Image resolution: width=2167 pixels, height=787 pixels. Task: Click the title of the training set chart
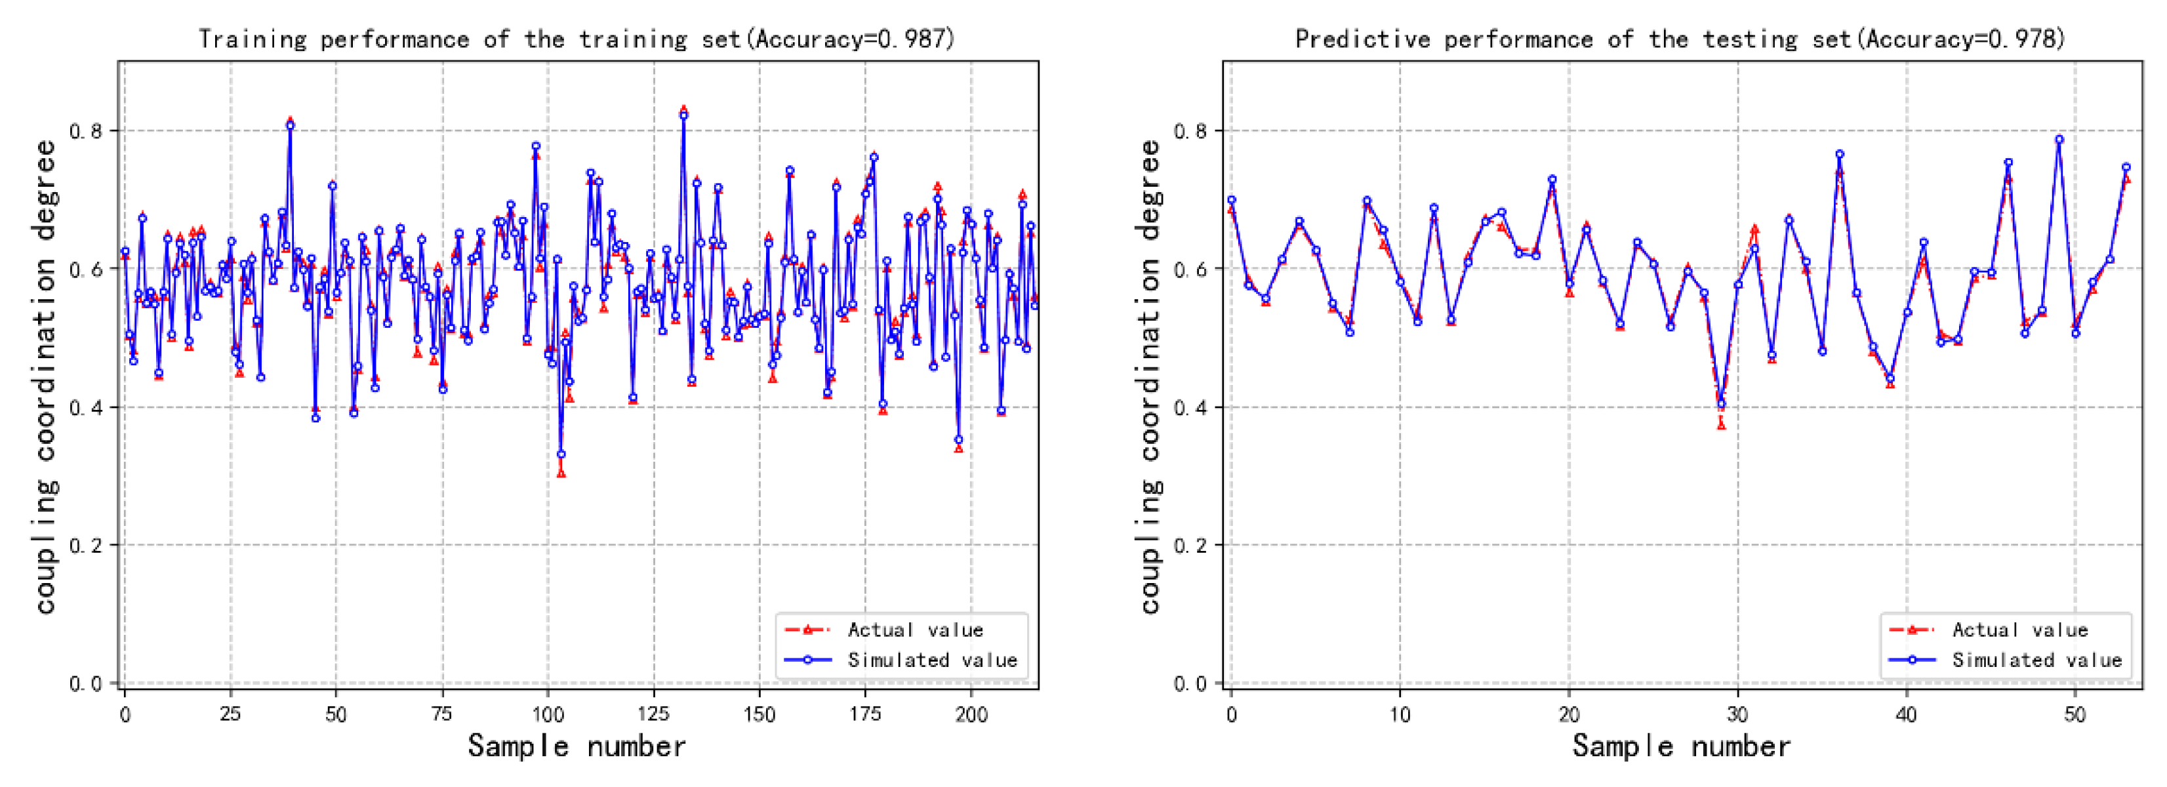click(x=577, y=39)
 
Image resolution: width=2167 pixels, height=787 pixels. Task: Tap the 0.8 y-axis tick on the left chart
click(x=85, y=131)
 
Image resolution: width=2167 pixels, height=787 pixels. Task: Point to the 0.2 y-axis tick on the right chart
click(x=1190, y=546)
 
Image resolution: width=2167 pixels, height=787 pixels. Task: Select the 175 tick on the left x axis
click(x=865, y=715)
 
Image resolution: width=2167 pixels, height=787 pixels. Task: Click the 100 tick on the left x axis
click(x=548, y=715)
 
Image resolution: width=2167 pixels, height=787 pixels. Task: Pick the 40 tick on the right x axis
click(x=1906, y=715)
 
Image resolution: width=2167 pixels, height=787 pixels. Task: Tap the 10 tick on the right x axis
click(x=1400, y=715)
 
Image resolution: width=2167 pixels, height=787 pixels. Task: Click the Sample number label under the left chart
click(x=577, y=746)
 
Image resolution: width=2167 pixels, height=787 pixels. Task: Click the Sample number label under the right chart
click(x=1682, y=746)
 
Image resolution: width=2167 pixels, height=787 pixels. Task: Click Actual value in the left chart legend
click(x=915, y=630)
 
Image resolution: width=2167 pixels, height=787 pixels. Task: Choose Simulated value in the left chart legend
click(x=932, y=660)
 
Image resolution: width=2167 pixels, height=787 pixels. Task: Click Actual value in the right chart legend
click(x=2020, y=630)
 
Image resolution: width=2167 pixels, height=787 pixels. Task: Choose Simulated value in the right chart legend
click(x=2036, y=660)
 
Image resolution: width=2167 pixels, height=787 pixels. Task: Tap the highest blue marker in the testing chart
click(x=2059, y=140)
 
